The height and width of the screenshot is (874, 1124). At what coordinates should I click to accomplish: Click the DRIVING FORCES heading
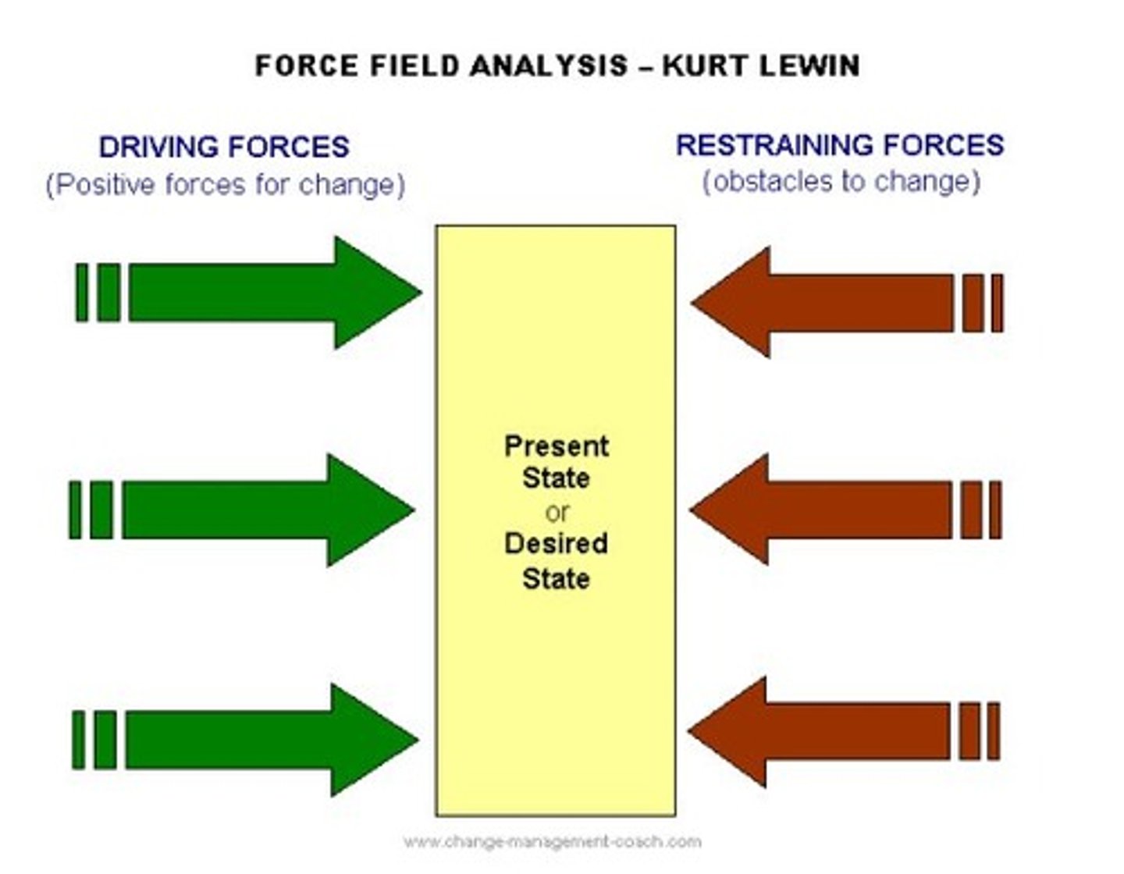tap(224, 147)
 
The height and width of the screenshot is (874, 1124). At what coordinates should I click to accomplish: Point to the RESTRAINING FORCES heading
tap(840, 145)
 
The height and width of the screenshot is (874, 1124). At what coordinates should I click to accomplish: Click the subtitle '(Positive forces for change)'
tap(225, 185)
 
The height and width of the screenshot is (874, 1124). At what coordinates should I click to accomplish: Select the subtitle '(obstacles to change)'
tap(841, 182)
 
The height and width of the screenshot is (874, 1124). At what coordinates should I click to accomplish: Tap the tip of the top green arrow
tap(418, 293)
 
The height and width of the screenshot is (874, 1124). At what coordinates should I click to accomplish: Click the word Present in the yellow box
tap(556, 446)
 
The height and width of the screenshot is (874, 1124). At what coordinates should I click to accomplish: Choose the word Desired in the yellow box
tap(556, 543)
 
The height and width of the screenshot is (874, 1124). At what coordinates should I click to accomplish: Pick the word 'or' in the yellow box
tap(557, 513)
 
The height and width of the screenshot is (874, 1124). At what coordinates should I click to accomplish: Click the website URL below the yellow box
tap(552, 841)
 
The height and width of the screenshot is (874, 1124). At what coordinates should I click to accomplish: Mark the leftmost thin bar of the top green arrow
tap(81, 293)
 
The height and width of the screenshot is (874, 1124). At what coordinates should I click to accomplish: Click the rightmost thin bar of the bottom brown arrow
tap(994, 731)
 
